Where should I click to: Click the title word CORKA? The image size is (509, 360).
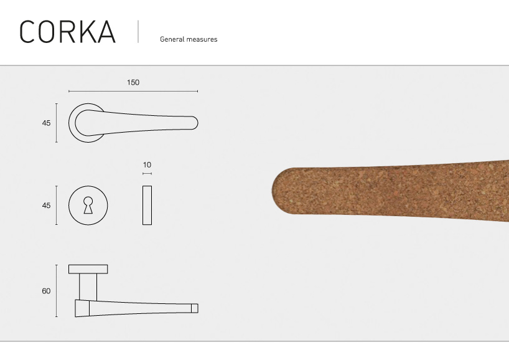click(67, 32)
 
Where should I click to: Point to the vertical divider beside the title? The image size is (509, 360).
click(138, 31)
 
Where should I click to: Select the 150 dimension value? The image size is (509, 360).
click(133, 82)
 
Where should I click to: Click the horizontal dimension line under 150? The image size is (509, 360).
click(133, 92)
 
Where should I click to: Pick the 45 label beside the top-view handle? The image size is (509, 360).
click(46, 123)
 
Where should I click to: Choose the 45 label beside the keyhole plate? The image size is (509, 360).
click(46, 206)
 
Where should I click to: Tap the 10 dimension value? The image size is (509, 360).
click(147, 165)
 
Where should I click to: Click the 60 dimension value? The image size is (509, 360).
click(46, 291)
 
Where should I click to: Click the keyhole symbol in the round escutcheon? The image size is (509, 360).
click(88, 205)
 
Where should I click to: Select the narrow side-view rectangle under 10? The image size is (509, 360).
click(147, 205)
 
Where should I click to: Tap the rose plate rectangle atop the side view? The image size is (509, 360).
click(88, 268)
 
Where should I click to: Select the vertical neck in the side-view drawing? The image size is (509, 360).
click(88, 287)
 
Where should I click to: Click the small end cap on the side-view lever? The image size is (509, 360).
click(194, 308)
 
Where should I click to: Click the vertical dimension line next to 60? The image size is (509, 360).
click(57, 291)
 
